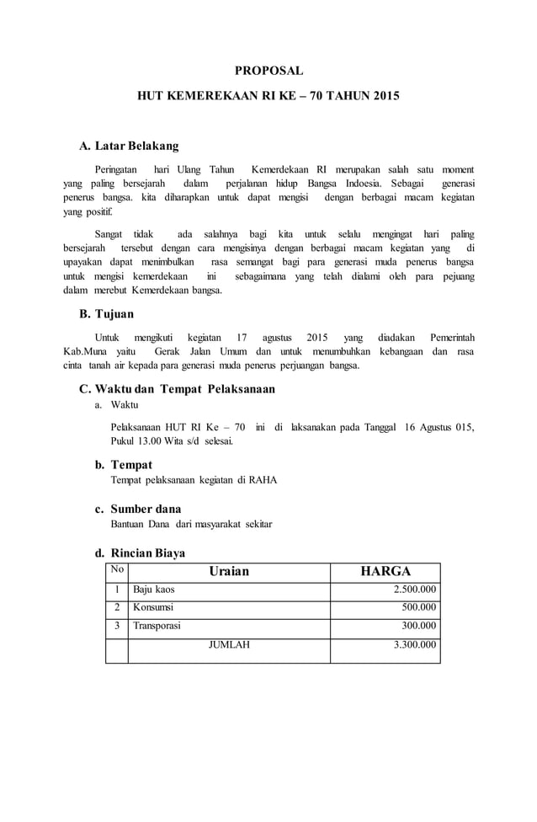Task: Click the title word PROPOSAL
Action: [x=268, y=71]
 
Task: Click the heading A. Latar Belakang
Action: [x=128, y=146]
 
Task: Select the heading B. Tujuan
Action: [x=107, y=314]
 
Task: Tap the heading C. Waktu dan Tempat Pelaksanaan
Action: [x=177, y=389]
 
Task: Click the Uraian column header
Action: [x=228, y=572]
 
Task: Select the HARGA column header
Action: [x=385, y=572]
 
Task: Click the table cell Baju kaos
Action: [x=153, y=590]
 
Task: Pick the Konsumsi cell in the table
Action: [x=153, y=607]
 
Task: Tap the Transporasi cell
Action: [x=157, y=626]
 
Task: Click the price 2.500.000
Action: [x=414, y=590]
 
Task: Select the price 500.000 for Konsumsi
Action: [x=419, y=607]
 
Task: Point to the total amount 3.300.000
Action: [x=414, y=645]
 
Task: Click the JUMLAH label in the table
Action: [x=228, y=645]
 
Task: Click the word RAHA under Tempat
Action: [x=263, y=480]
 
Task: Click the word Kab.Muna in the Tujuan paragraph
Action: [x=83, y=351]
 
